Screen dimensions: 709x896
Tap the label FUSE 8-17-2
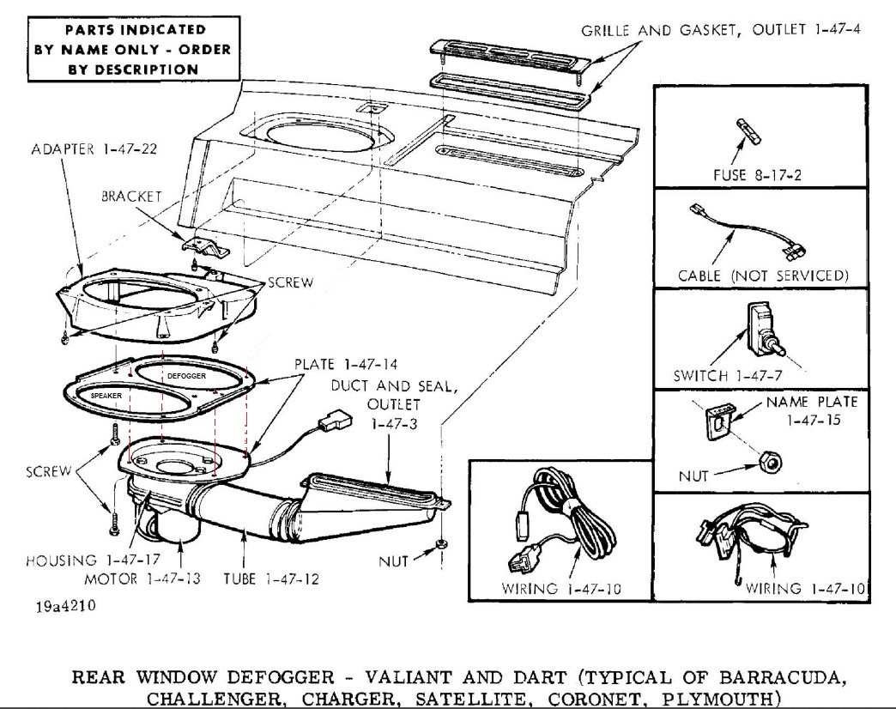(756, 175)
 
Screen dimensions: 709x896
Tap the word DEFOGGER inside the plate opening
(186, 375)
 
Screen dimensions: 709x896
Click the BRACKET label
(131, 196)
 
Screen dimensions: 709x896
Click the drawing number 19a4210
(66, 606)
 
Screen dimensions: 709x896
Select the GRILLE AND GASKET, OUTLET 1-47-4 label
(720, 30)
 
